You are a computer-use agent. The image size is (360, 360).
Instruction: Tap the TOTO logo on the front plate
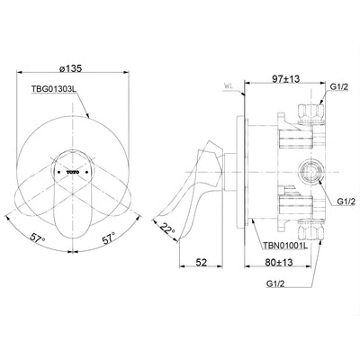point(69,167)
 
